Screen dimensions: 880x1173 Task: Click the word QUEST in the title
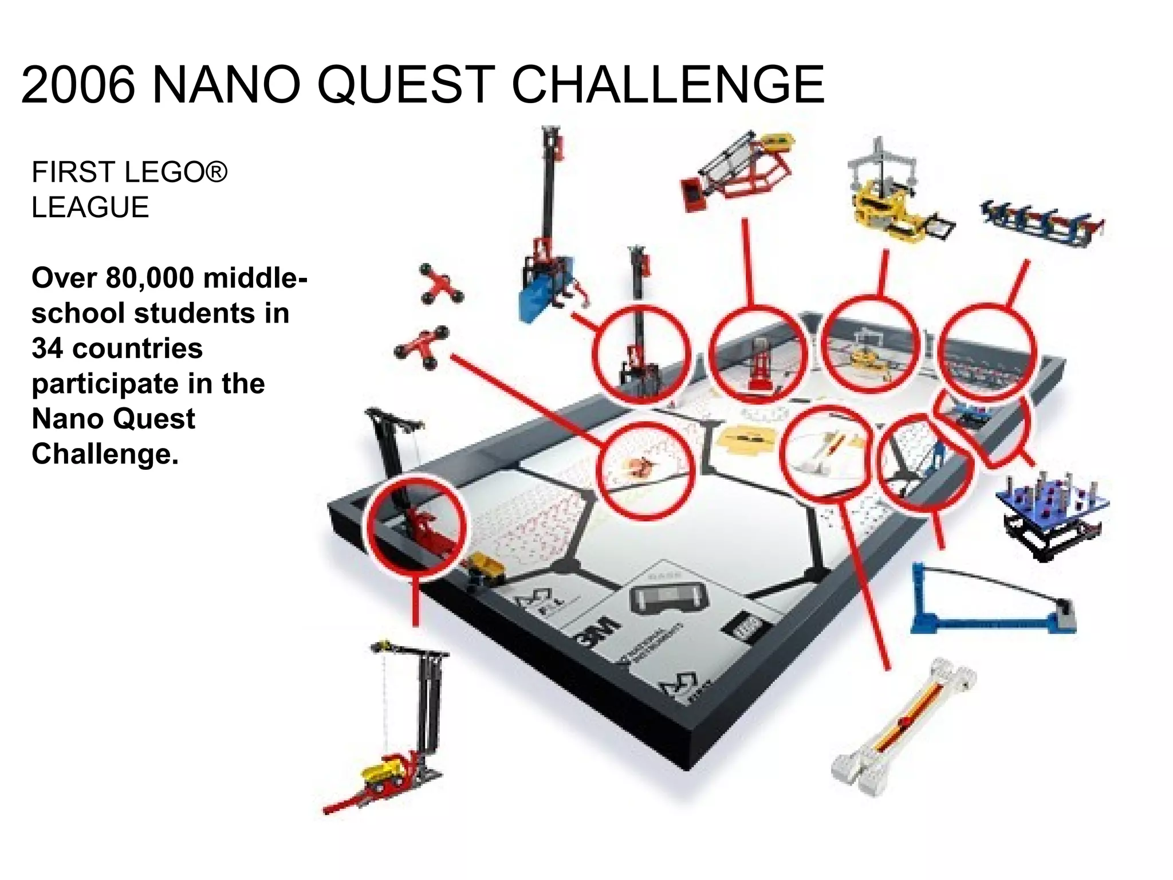[x=406, y=85]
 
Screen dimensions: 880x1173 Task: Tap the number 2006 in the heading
[x=78, y=85]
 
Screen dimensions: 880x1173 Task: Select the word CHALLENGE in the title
[x=667, y=85]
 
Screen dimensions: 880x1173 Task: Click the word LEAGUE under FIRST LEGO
[x=90, y=207]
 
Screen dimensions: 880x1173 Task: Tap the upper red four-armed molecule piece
[x=441, y=284]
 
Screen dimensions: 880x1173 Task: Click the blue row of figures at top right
[x=1042, y=223]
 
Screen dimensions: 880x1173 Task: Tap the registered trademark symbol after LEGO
[x=216, y=171]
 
